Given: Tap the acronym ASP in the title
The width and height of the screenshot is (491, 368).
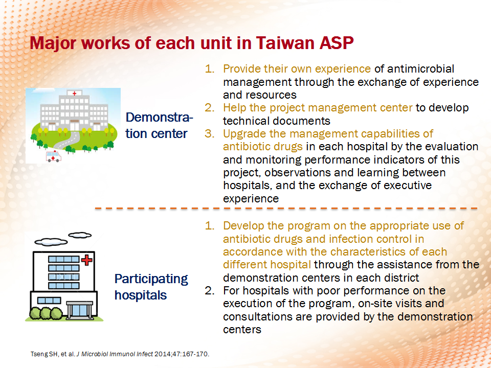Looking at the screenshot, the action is pyautogui.click(x=337, y=43).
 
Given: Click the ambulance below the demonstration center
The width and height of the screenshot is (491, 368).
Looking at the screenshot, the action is pyautogui.click(x=53, y=156).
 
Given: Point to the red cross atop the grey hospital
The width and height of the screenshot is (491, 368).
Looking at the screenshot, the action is pyautogui.click(x=74, y=93).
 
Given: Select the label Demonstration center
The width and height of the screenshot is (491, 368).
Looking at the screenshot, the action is pyautogui.click(x=159, y=126).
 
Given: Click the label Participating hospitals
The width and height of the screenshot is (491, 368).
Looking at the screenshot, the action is pyautogui.click(x=151, y=287).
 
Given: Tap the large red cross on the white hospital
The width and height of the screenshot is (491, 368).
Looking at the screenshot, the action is pyautogui.click(x=87, y=260).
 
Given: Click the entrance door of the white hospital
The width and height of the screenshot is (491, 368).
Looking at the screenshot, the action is pyautogui.click(x=79, y=310).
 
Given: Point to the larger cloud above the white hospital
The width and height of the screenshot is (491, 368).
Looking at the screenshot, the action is pyautogui.click(x=51, y=242).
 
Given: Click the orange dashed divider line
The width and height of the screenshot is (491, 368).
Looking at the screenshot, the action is pyautogui.click(x=286, y=208).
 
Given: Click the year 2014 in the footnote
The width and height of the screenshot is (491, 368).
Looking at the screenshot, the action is pyautogui.click(x=162, y=354).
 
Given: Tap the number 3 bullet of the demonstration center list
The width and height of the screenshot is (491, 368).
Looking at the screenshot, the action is pyautogui.click(x=210, y=133).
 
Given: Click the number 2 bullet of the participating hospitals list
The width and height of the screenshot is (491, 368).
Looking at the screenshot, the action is pyautogui.click(x=210, y=291).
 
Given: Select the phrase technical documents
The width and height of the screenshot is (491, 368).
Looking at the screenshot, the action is pyautogui.click(x=277, y=121).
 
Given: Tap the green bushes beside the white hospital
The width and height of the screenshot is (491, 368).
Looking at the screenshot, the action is pyautogui.click(x=46, y=313).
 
